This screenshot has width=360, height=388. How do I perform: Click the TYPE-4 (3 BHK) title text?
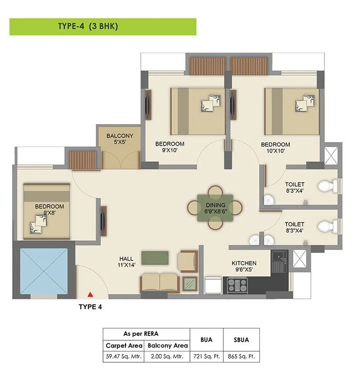coord(88,27)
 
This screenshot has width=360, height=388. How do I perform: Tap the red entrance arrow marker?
coord(90,294)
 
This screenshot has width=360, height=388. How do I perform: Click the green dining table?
coord(215,207)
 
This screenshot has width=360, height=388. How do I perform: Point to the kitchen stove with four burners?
coord(237,285)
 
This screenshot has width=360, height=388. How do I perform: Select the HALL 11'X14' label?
coord(126,262)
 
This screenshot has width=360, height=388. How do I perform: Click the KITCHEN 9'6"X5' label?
coord(244,266)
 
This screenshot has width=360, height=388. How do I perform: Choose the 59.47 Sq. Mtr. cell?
coord(124,357)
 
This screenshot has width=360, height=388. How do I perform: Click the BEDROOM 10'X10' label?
coord(275,147)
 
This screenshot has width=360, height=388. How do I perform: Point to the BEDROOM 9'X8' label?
coord(49,210)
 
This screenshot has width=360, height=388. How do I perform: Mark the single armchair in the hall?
coord(188,261)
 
